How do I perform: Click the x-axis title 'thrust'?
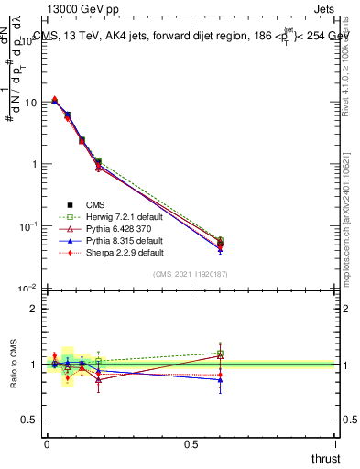325,457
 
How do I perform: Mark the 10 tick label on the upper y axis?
29,103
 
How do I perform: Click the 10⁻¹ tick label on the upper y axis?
27,225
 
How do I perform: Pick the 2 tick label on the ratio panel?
34,309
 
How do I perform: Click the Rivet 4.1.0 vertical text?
348,69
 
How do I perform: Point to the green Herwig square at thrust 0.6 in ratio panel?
220,354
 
